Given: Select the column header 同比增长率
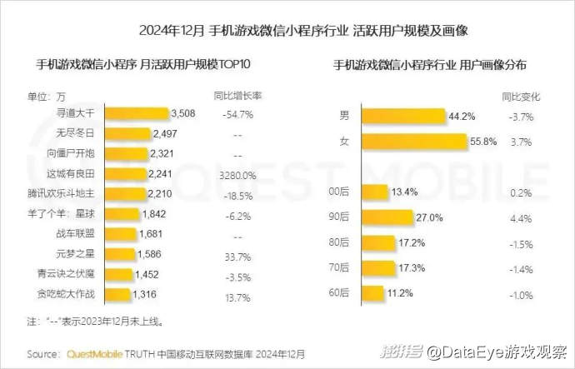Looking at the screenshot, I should pyautogui.click(x=238, y=95).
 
